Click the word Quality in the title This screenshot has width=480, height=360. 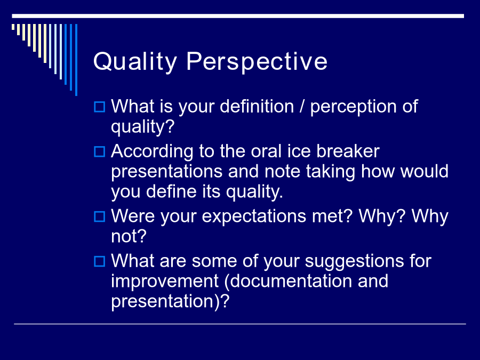point(135,62)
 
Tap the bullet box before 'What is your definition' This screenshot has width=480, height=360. point(100,107)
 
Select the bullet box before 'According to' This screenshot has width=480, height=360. point(100,151)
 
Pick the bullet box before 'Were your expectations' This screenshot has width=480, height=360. point(100,217)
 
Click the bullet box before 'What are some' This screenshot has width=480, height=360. point(100,261)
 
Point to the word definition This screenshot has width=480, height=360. point(257,106)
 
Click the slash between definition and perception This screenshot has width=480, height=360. point(302,106)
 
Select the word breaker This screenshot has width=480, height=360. point(348,151)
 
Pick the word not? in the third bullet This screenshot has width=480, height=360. point(129,237)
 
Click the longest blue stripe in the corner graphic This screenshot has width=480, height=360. point(76,60)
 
